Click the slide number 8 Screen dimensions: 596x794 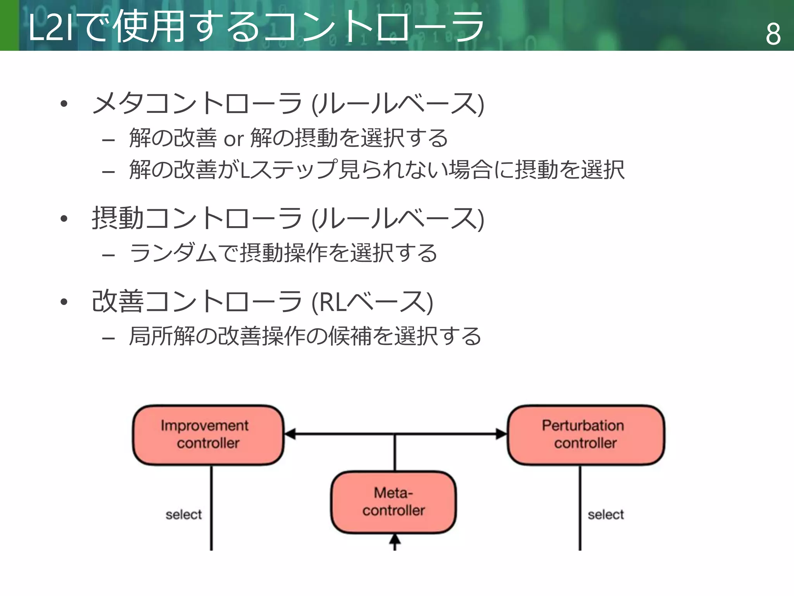pyautogui.click(x=773, y=34)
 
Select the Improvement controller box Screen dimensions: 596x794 pyautogui.click(x=208, y=435)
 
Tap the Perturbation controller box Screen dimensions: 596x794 pyautogui.click(x=585, y=435)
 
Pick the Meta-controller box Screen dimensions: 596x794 pyautogui.click(x=394, y=502)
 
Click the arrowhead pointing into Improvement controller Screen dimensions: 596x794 pyautogui.click(x=290, y=434)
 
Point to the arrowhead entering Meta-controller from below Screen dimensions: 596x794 pyautogui.click(x=395, y=539)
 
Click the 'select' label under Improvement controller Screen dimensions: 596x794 pyautogui.click(x=183, y=515)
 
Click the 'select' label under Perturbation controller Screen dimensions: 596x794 pyautogui.click(x=606, y=515)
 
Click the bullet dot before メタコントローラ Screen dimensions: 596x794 pyautogui.click(x=64, y=104)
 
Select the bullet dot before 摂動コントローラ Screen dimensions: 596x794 pyautogui.click(x=64, y=218)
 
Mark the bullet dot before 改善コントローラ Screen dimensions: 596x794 pyautogui.click(x=64, y=301)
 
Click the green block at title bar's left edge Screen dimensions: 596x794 pyautogui.click(x=9, y=25)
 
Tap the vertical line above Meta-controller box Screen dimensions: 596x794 pyautogui.click(x=395, y=452)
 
